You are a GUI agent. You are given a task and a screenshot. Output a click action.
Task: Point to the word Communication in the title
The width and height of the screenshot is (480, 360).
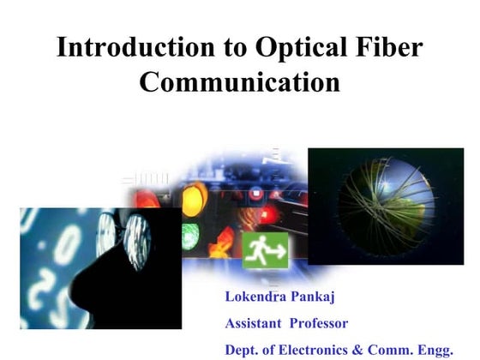point(240,84)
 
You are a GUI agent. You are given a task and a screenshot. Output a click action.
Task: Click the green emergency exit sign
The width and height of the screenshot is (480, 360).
point(265,249)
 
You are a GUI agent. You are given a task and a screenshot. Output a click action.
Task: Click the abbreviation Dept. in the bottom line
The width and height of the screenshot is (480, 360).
point(243,351)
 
